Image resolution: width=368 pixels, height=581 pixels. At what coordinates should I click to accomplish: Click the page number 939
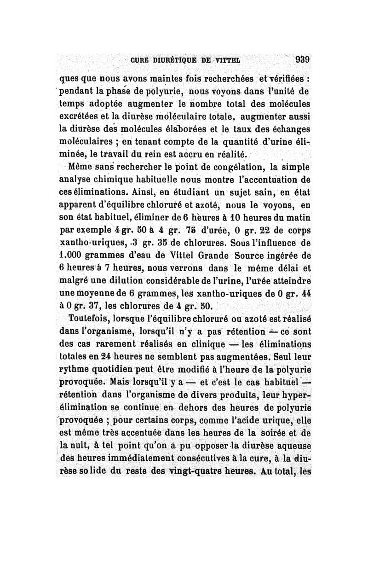[302, 59]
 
